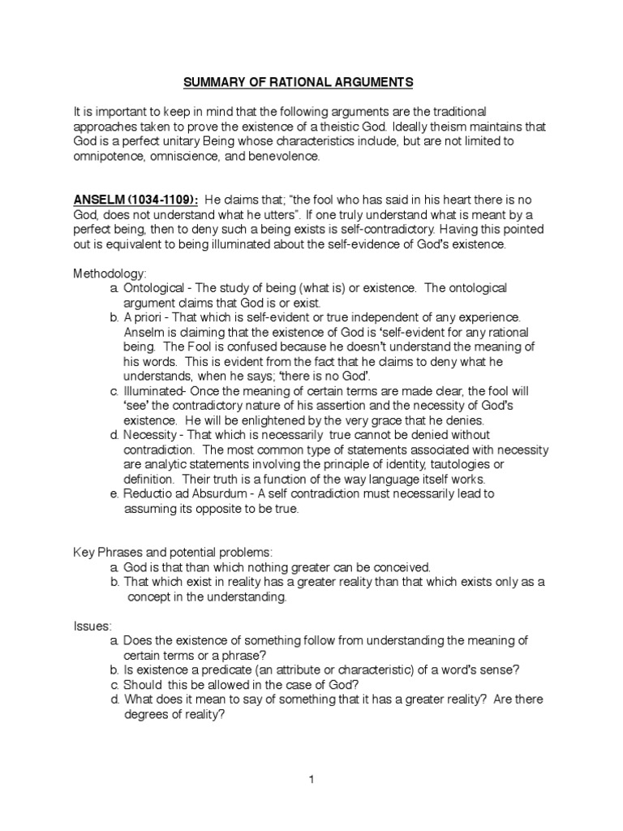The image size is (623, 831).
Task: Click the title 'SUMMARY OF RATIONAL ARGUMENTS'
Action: point(311,82)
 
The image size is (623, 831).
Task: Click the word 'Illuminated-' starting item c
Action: point(157,390)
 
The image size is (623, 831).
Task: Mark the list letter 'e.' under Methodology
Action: point(114,493)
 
